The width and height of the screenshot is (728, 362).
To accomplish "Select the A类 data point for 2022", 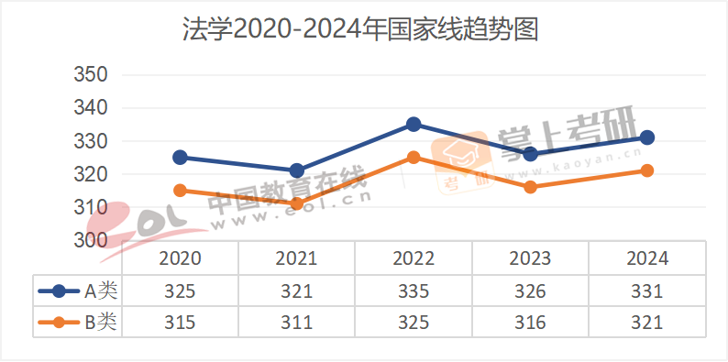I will coord(414,124).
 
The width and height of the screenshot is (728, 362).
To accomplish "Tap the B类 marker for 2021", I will coord(296,203).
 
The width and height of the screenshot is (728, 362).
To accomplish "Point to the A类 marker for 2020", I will coord(180,158).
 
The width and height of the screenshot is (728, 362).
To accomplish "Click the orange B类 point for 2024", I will coord(647,170).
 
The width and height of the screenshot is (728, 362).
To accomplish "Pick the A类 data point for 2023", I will coord(530,154).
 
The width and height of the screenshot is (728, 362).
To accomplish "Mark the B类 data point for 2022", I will coord(414,158).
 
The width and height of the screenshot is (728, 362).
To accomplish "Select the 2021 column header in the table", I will coord(296,258).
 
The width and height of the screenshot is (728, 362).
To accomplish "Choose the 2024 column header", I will coord(647,258).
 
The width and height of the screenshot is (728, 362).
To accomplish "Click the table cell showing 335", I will coord(414,291).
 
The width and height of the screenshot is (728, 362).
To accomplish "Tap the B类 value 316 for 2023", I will coord(530,322).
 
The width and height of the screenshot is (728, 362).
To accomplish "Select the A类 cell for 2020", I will coord(180,291).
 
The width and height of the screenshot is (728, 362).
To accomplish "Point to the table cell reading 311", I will coord(296,322).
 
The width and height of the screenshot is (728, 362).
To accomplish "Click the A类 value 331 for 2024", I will coord(647,291).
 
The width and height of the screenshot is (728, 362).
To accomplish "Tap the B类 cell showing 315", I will coord(180,322).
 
